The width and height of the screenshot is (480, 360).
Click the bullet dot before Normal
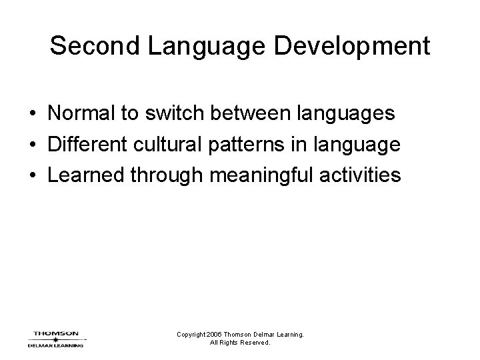coord(33,114)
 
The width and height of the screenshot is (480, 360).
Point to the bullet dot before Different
coord(33,145)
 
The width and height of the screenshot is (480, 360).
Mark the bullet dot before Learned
coord(33,175)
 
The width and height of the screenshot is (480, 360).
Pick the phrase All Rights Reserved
coord(239,343)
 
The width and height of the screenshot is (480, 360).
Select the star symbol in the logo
coord(55,339)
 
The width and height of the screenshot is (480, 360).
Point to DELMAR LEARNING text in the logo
coord(55,345)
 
